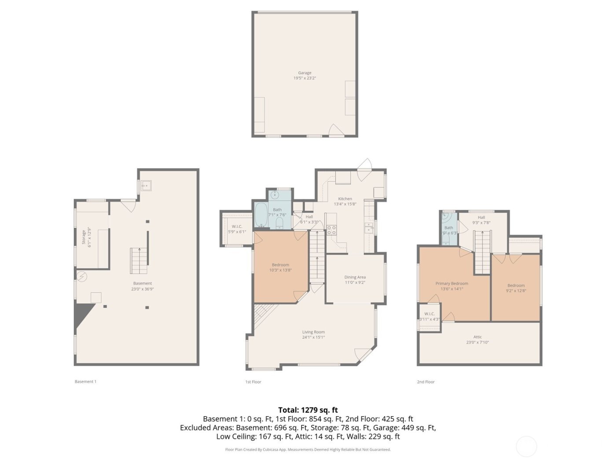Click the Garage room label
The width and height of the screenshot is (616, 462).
304,73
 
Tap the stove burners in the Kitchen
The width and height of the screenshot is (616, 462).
331,230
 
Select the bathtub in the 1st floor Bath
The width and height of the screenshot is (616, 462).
260,216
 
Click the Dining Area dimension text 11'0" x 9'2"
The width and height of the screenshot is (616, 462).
355,282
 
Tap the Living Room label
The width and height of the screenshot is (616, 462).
313,332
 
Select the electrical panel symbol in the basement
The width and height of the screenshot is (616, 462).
82,276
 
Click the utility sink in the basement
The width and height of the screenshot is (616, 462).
146,186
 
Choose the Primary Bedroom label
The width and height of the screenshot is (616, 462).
451,284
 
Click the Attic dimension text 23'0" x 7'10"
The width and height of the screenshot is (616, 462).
477,342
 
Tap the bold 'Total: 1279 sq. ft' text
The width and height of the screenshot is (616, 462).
308,410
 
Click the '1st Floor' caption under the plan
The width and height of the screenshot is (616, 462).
253,382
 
